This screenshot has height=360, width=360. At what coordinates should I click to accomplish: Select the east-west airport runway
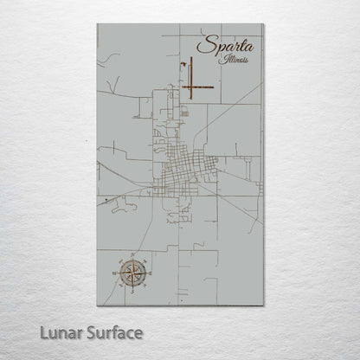click(198, 87)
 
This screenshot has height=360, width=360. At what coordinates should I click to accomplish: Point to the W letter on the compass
click(115, 273)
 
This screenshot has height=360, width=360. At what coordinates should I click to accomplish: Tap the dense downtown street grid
click(185, 164)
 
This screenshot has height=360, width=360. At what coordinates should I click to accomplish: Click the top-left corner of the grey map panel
click(98, 24)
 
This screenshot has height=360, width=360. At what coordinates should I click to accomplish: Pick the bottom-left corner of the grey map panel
click(98, 305)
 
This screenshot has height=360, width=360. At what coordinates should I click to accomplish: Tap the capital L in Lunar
click(44, 331)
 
